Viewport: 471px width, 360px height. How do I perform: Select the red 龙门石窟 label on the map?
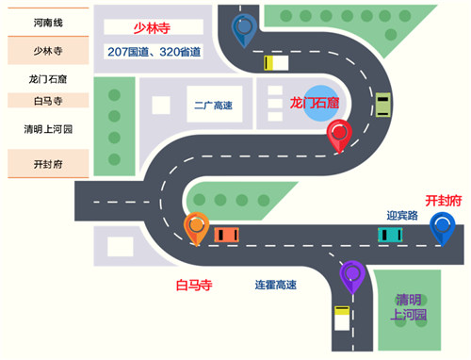315,102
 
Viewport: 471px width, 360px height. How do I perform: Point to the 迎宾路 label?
401,215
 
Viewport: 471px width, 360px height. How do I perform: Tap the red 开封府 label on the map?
444,201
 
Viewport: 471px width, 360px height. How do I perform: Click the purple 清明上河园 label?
411,307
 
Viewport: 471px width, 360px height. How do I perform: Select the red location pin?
339,136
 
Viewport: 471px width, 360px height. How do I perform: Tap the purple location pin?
353,275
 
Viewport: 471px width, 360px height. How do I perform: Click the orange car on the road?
226,234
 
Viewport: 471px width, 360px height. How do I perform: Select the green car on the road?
383,105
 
